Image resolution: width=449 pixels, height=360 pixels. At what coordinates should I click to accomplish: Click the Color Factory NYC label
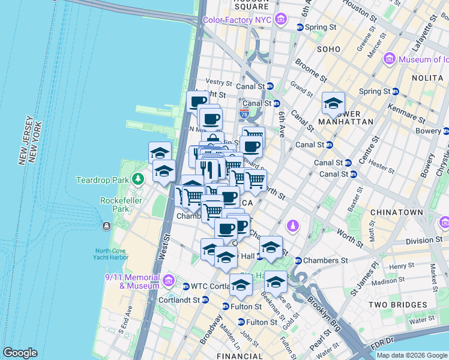(237, 20)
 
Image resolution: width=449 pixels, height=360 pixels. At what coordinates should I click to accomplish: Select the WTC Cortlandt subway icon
(186, 286)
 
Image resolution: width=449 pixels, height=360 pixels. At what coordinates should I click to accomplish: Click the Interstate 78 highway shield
(244, 112)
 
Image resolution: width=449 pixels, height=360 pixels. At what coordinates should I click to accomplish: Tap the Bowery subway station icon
(445, 131)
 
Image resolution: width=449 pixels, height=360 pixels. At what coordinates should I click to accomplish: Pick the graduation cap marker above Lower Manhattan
(333, 103)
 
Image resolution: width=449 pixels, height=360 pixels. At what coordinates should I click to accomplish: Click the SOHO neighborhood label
(329, 49)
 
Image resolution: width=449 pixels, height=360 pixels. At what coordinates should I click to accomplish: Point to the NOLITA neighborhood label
(427, 78)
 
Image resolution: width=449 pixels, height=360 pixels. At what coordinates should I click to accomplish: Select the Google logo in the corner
(20, 353)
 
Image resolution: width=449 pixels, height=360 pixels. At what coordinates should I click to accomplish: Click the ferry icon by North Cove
(106, 226)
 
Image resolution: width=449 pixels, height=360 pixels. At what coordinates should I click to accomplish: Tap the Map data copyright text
(411, 355)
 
